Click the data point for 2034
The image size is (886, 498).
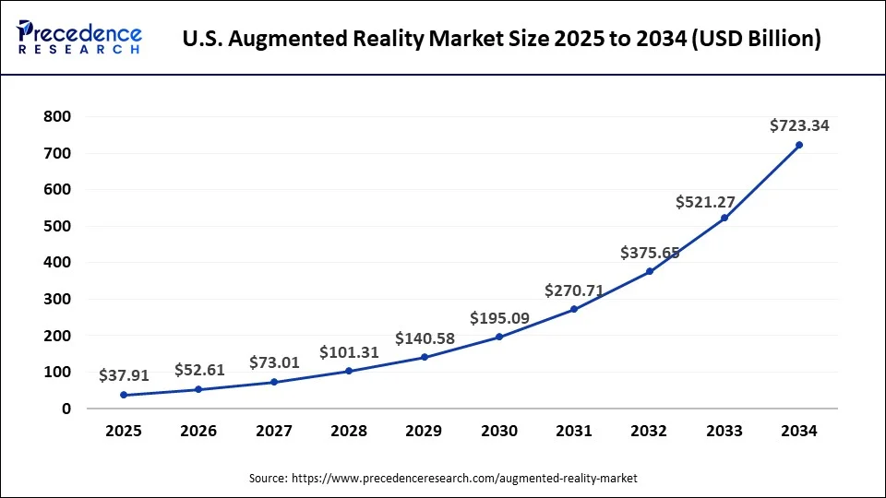pos(799,145)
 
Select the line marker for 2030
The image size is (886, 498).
pos(499,337)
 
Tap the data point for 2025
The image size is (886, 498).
pos(124,395)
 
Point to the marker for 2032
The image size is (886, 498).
pos(649,271)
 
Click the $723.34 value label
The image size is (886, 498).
pos(799,125)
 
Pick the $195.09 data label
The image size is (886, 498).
pos(499,318)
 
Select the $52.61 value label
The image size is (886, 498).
pos(199,370)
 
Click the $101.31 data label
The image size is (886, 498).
pos(349,352)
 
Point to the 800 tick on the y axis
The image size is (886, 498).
pos(57,117)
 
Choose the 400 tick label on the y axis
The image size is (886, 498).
pos(57,263)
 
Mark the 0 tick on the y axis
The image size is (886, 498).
pos(66,409)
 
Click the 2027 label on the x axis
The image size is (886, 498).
pos(274,431)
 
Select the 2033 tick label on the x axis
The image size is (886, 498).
pos(724,431)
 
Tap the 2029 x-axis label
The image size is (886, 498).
pos(424,431)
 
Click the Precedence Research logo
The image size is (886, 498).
pos(79,37)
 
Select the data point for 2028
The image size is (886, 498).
pos(349,371)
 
